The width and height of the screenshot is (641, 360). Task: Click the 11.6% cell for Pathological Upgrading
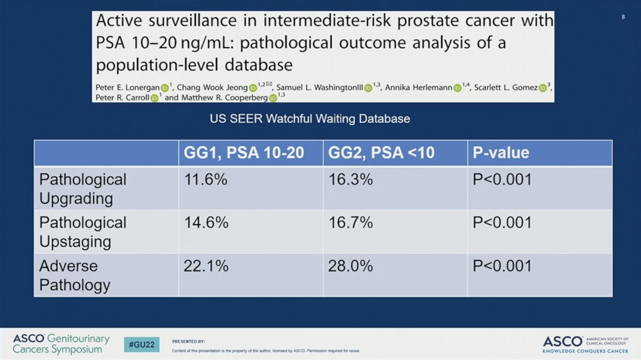[x=206, y=179]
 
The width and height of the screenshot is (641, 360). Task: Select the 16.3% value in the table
[x=350, y=179]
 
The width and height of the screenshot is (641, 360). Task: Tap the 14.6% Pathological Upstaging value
[x=206, y=222]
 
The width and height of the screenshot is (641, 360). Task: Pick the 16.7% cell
[x=350, y=222]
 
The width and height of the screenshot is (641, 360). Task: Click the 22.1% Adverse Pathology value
[x=206, y=266]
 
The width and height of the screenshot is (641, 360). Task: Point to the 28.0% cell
[x=350, y=266]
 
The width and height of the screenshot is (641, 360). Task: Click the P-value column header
[x=501, y=153]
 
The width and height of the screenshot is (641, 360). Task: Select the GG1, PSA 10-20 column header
[x=244, y=153]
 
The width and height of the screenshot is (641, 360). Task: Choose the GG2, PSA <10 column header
[x=381, y=153]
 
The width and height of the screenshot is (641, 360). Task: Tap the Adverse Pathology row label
[x=75, y=275]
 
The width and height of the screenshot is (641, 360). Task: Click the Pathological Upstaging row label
[x=83, y=232]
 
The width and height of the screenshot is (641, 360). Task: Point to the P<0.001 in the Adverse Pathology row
[x=502, y=266]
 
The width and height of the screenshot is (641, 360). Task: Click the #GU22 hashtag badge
[x=142, y=345]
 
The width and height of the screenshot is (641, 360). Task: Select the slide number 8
[x=623, y=17]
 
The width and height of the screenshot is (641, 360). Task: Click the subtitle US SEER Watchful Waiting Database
[x=310, y=119]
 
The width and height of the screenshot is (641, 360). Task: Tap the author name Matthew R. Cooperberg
[x=225, y=98]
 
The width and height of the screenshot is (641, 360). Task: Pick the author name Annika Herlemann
[x=419, y=87]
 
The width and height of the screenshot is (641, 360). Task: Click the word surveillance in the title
[x=193, y=21]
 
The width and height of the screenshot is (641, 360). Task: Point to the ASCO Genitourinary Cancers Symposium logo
[x=61, y=344]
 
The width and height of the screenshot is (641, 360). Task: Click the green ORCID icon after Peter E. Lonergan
[x=165, y=88]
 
